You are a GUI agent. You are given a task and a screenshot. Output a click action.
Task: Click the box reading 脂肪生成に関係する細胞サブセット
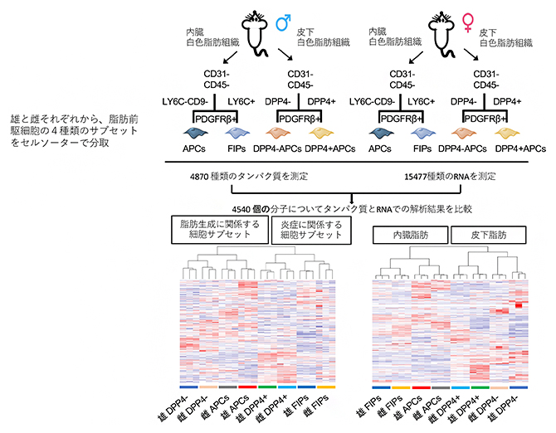click(x=217, y=229)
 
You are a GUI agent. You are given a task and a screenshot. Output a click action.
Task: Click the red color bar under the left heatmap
click(x=246, y=387)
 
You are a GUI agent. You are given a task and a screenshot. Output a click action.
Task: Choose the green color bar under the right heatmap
click(x=480, y=387)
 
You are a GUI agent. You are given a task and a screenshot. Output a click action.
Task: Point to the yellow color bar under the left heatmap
click(x=325, y=387)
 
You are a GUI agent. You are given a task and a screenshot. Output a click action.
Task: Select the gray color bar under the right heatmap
click(x=440, y=387)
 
